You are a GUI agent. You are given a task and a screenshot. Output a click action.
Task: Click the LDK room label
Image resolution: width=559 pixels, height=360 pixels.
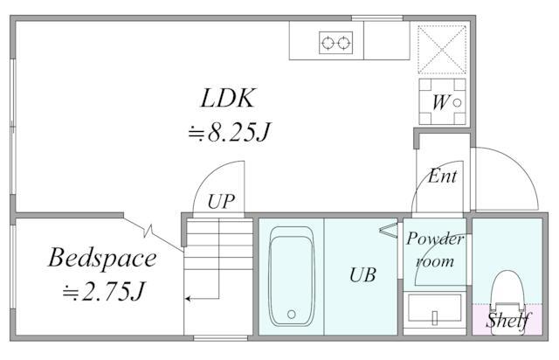click(x=228, y=98)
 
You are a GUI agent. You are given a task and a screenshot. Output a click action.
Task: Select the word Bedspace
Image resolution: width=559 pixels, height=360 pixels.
click(x=102, y=259)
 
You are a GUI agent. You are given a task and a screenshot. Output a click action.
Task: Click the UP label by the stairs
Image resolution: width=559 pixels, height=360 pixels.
click(x=221, y=202)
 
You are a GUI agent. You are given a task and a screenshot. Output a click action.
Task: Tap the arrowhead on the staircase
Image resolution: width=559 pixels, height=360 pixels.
click(x=188, y=298)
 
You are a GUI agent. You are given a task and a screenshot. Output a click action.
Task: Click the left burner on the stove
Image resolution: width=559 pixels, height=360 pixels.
click(x=328, y=43)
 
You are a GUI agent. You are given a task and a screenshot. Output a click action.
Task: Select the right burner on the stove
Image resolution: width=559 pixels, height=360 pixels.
click(x=343, y=43)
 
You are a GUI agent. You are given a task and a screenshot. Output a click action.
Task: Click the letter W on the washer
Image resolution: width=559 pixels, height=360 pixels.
click(x=440, y=102)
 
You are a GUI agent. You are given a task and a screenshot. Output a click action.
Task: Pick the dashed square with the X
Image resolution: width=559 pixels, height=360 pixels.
click(x=442, y=50)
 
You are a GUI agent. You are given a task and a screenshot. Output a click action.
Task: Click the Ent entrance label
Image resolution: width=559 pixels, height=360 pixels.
click(x=442, y=176)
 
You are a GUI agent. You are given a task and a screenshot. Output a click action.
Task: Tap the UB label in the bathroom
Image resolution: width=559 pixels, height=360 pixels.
click(x=362, y=275)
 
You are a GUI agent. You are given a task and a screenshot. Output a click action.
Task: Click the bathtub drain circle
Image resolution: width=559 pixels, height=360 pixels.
click(x=291, y=315)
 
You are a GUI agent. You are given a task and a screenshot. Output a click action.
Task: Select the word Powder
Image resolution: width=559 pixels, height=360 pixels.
click(x=435, y=239)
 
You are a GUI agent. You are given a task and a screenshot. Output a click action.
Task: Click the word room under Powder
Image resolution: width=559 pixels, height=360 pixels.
click(x=435, y=261)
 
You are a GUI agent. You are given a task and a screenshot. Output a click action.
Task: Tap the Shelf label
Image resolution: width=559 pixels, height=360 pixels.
click(x=508, y=320)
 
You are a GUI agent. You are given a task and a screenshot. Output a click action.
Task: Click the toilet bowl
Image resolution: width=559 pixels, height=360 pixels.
click(x=507, y=289)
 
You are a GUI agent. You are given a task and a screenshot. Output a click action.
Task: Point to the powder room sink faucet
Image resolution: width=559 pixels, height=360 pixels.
click(x=435, y=318)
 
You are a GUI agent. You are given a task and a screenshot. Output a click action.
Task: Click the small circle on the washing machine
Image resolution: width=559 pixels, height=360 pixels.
click(x=457, y=103)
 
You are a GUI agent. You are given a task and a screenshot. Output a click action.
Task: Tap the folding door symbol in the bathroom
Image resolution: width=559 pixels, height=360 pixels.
click(x=389, y=230)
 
